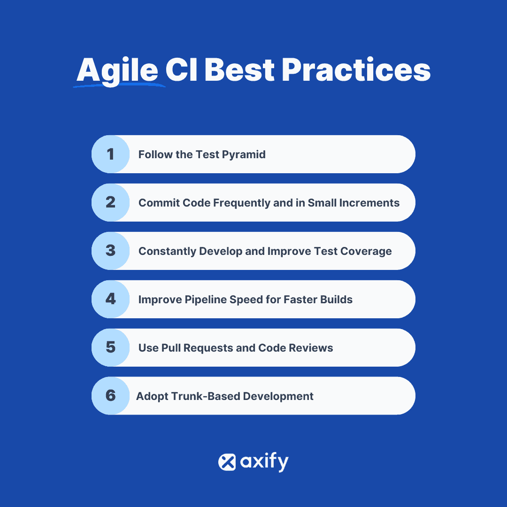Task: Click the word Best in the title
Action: point(239,70)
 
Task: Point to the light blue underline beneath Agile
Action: point(120,86)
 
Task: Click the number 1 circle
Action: point(110,154)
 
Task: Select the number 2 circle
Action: point(110,202)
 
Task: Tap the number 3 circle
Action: point(110,251)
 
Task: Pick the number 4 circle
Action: point(110,299)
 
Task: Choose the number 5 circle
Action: point(110,347)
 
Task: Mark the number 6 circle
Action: point(110,396)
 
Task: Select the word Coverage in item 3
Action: point(366,251)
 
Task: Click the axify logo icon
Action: point(227,462)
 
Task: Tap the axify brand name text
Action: point(264,462)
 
